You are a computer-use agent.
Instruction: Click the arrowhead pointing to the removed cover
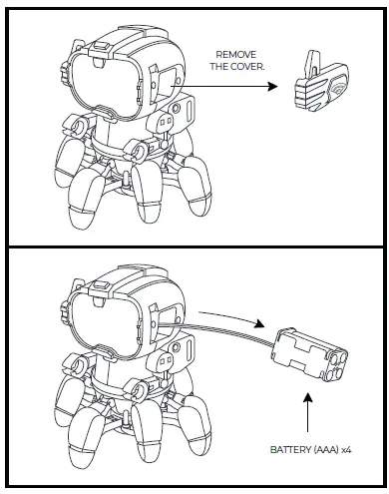[271, 89]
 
